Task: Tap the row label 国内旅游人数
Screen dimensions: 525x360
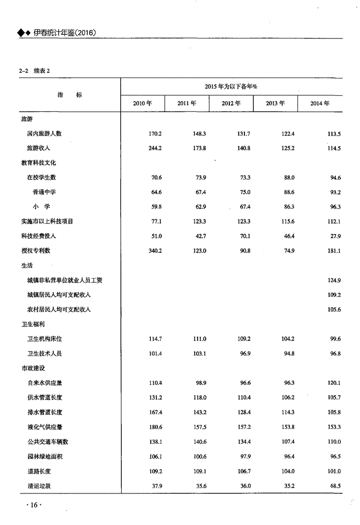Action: coord(44,134)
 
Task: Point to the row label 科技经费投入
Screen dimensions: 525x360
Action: coord(35,236)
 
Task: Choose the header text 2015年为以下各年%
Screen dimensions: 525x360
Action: coord(231,87)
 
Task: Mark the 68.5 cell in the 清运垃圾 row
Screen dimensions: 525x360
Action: coord(335,486)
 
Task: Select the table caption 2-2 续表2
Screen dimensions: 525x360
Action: coord(35,70)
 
